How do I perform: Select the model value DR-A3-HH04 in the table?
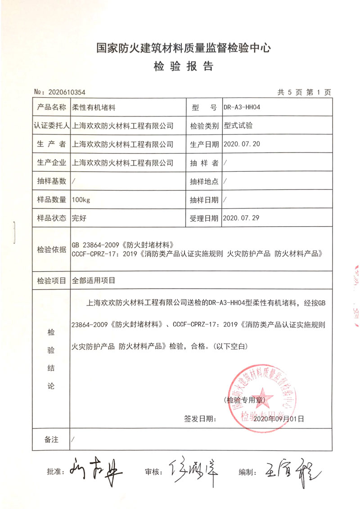coord(242,108)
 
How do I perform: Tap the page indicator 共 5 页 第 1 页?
coord(304,92)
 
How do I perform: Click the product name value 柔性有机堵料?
coord(94,108)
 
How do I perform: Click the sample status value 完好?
coord(79,218)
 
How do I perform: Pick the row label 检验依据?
coord(52,249)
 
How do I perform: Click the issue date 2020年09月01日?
coord(279,419)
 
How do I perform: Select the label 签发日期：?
coord(200,419)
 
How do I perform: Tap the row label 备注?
coord(52,440)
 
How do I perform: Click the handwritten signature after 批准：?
coord(94,471)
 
